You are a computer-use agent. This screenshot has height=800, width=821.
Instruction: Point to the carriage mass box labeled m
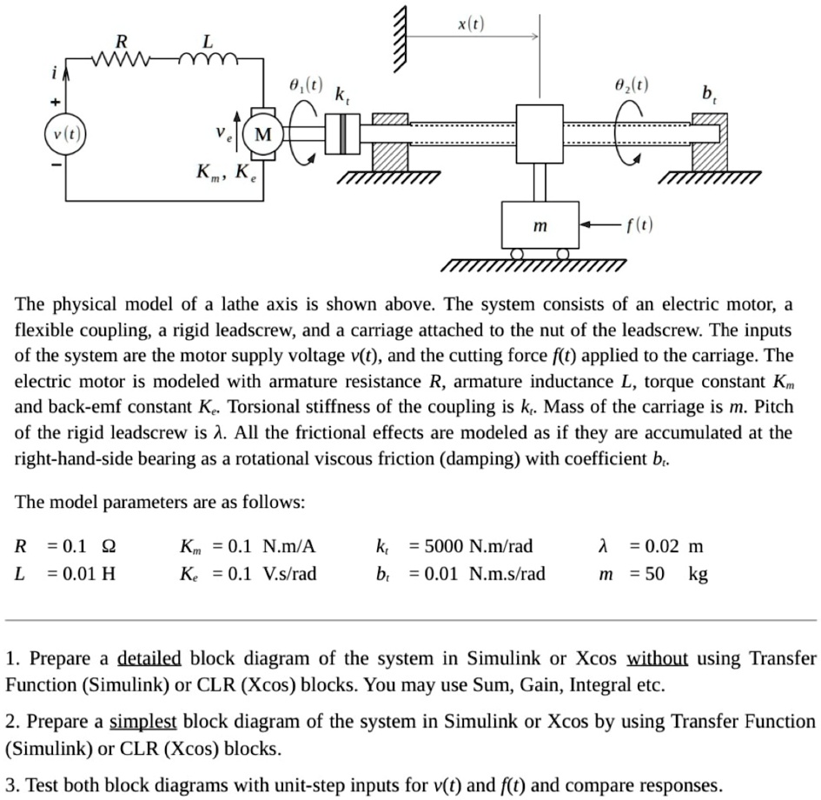click(540, 226)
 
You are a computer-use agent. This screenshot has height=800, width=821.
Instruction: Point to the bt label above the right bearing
click(710, 93)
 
